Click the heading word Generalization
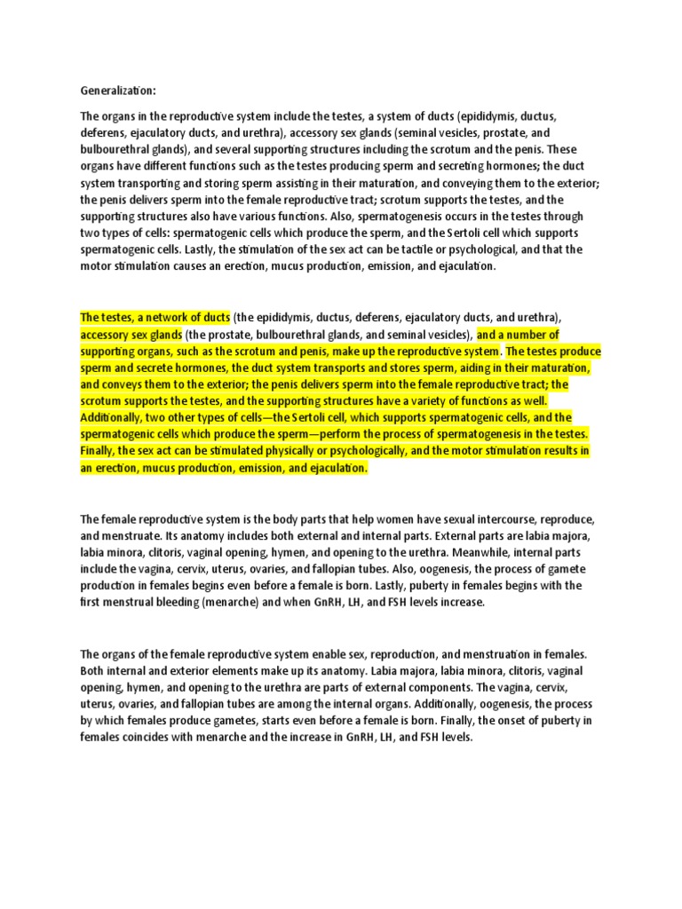point(116,90)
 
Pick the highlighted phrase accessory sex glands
point(131,334)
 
